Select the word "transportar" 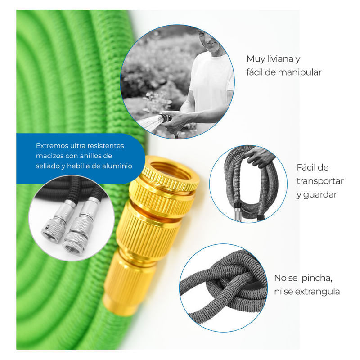pyautogui.click(x=320, y=181)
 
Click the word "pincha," pyautogui.click(x=317, y=278)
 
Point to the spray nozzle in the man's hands pyautogui.click(x=165, y=118)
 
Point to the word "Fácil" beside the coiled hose pyautogui.click(x=312, y=167)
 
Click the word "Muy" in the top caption pyautogui.click(x=254, y=59)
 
